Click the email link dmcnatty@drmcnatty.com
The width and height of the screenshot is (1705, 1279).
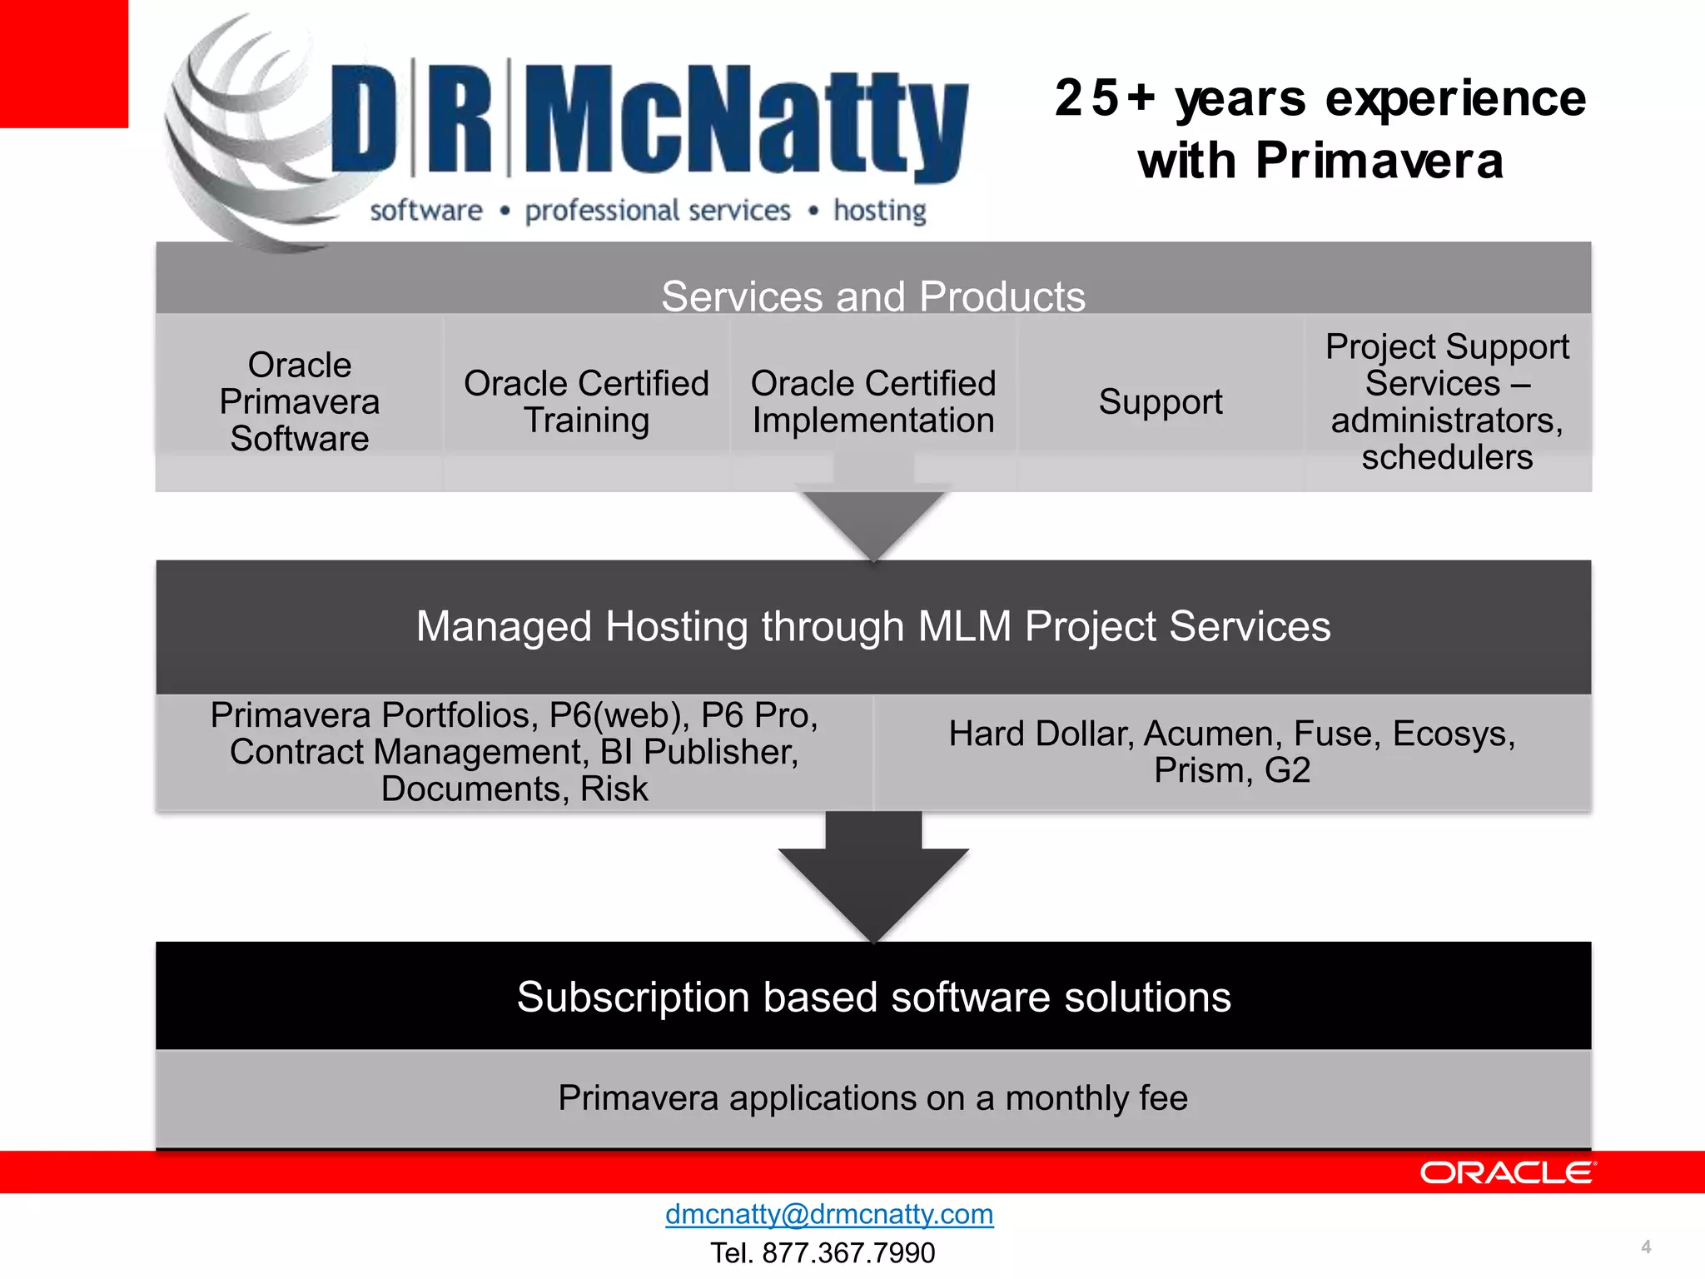click(828, 1214)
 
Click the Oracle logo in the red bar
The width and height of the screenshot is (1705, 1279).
click(1507, 1172)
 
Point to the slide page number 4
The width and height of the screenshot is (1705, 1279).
click(1645, 1247)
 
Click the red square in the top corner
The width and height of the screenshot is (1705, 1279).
click(63, 63)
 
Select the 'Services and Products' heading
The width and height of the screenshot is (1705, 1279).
click(872, 296)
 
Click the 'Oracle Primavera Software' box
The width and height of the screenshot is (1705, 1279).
click(299, 402)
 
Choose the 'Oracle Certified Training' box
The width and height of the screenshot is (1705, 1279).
click(586, 402)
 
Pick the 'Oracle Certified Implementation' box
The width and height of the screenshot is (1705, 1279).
click(872, 402)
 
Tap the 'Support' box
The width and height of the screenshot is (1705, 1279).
click(1160, 402)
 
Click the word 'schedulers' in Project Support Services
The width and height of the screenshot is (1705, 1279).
click(1447, 457)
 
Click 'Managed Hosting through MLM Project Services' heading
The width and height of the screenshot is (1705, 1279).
click(872, 626)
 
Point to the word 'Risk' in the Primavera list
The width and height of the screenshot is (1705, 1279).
click(614, 789)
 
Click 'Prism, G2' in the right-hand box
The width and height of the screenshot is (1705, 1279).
click(1231, 770)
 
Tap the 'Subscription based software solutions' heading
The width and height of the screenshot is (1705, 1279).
click(872, 997)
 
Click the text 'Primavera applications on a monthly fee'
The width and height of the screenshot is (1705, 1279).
click(872, 1097)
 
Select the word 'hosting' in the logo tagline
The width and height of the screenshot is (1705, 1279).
click(879, 212)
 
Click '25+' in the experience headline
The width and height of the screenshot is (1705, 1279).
click(1105, 98)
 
